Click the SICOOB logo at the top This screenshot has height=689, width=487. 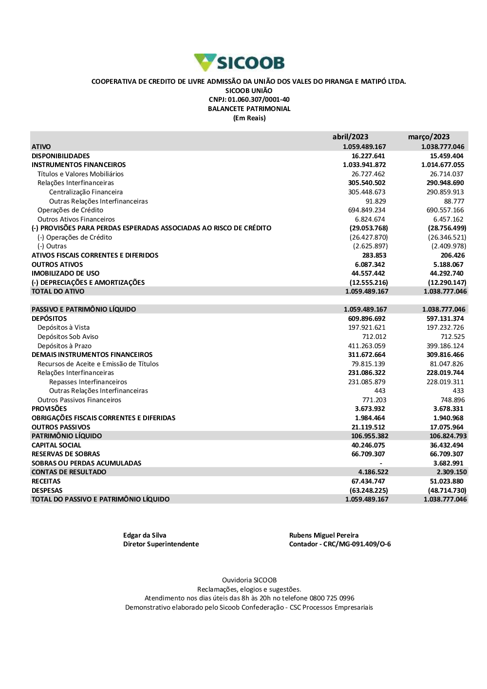239,63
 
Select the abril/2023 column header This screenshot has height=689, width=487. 350,137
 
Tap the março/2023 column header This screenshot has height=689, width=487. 429,137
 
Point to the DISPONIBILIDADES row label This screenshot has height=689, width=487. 60,156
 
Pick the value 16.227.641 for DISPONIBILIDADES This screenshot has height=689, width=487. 368,156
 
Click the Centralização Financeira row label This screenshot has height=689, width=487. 86,192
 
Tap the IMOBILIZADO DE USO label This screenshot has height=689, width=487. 65,273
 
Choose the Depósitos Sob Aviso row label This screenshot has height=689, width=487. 68,336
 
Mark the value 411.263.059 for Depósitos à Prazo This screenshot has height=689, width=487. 367,346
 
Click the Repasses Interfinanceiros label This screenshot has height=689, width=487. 88,382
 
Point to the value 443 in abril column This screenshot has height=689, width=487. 380,391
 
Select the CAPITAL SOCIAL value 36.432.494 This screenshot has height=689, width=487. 447,445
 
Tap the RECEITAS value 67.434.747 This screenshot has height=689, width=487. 368,481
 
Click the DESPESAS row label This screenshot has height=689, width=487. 47,490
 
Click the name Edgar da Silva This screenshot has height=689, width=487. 145,535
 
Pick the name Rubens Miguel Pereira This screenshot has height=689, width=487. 324,535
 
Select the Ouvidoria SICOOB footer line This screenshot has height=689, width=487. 249,580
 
